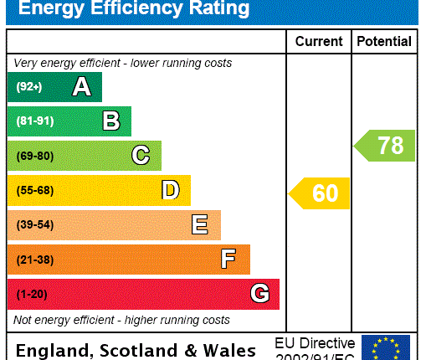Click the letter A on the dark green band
[x=81, y=87]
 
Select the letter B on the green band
[x=110, y=121]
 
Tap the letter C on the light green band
[x=141, y=156]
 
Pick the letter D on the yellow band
[x=170, y=190]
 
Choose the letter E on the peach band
[x=199, y=224]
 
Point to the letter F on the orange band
[x=228, y=260]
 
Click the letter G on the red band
[x=259, y=294]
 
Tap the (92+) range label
[x=28, y=87]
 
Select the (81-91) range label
[x=34, y=121]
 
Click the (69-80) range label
[x=34, y=156]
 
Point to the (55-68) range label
[x=34, y=190]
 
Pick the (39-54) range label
[x=34, y=224]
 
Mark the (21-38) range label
[x=34, y=260]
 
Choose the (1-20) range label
[x=32, y=294]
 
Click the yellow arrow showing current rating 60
[x=320, y=193]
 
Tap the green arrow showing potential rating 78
[x=385, y=146]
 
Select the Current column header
[x=319, y=41]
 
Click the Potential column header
[x=384, y=41]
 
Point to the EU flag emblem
[x=386, y=347]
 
